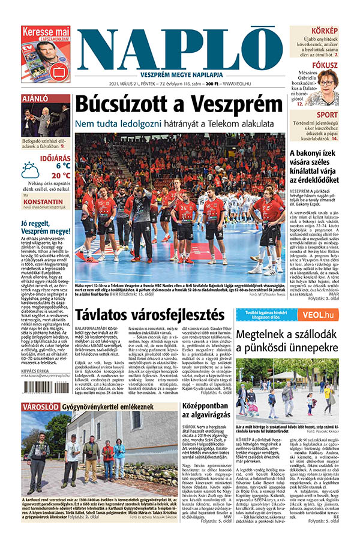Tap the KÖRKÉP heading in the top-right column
pos(325,31)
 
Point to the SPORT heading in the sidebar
pos(327,115)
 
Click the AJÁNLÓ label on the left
pos(35,98)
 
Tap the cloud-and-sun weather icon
pos(30,170)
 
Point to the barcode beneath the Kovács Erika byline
pos(46,387)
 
